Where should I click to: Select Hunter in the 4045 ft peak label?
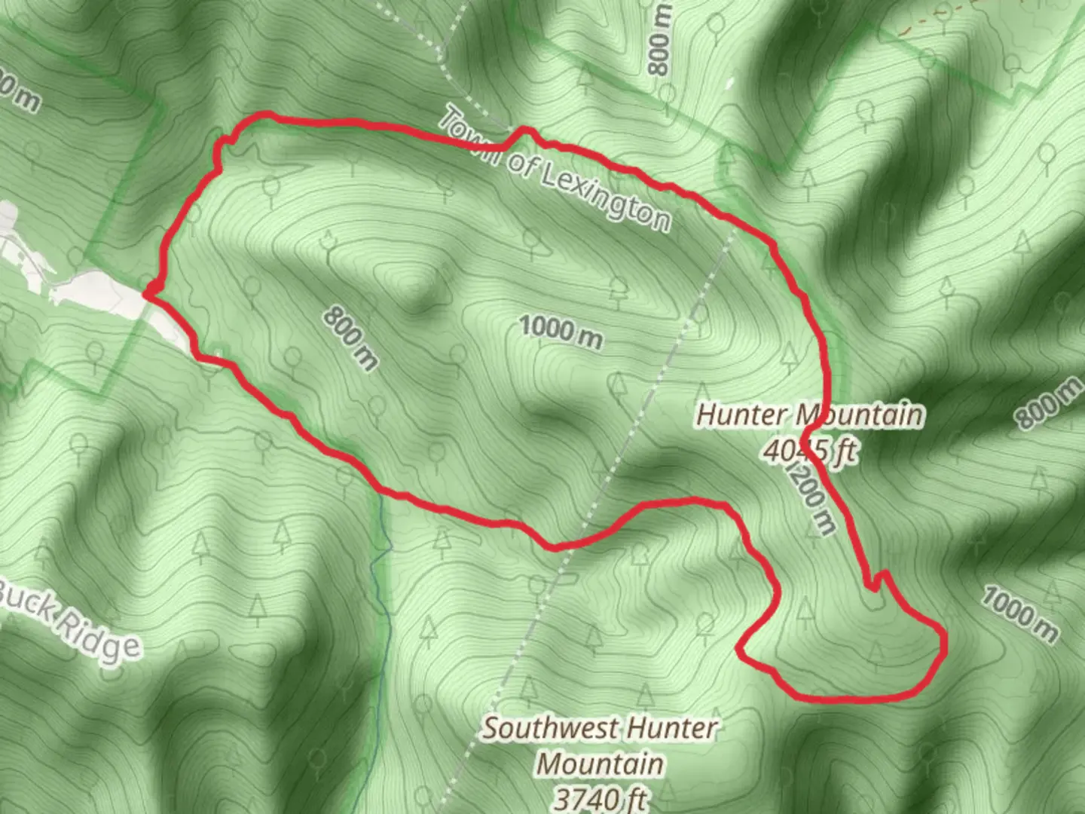click(742, 415)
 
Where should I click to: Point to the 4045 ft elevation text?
click(810, 451)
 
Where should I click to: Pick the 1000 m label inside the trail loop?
click(561, 332)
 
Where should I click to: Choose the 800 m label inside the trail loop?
click(350, 338)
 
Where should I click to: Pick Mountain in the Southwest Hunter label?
click(601, 764)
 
